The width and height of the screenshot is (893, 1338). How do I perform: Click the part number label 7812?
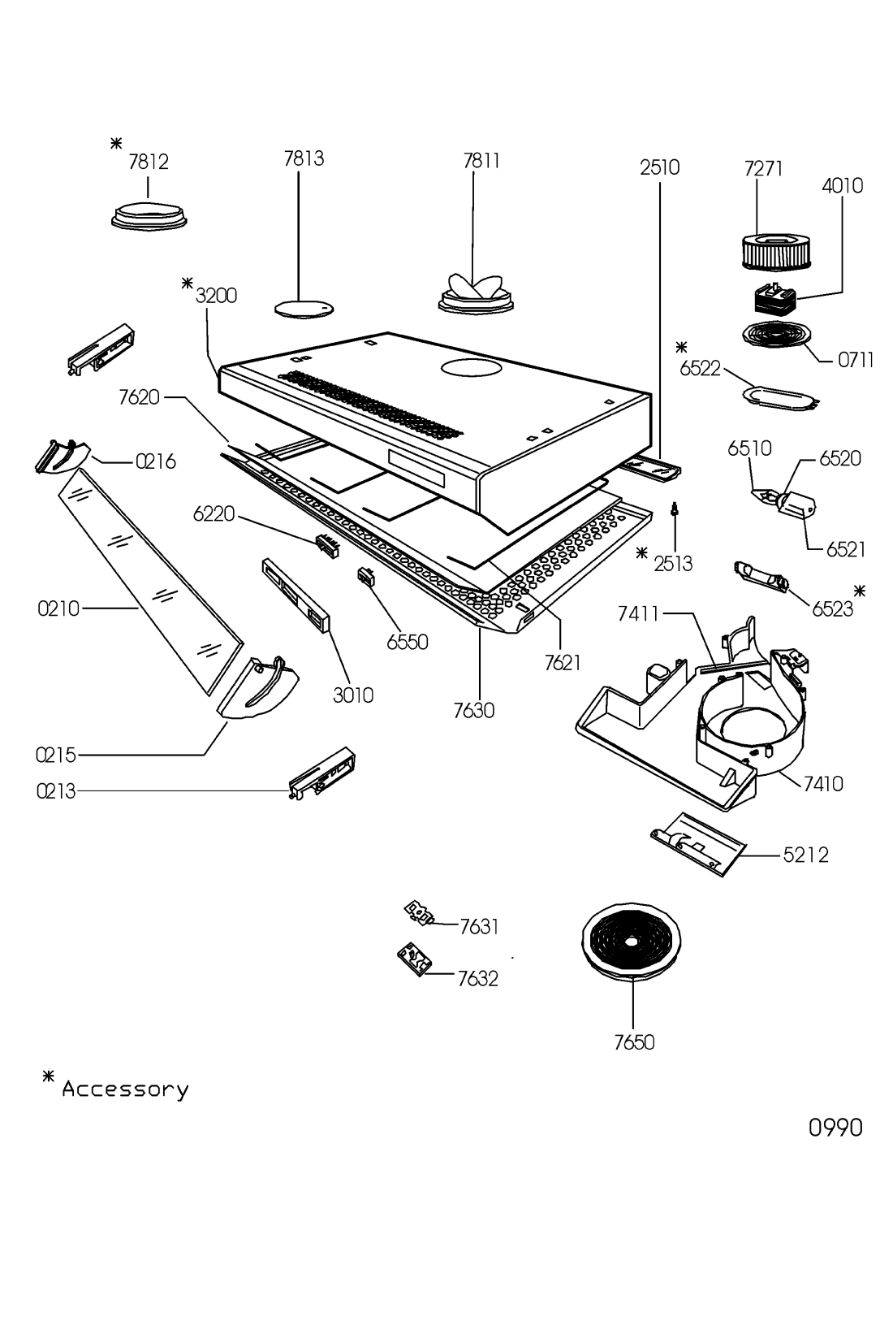(x=149, y=162)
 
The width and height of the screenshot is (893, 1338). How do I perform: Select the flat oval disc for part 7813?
(x=304, y=309)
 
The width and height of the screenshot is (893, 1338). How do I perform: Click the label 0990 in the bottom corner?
(x=835, y=1128)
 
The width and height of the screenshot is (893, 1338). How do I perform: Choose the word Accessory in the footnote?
(x=125, y=1089)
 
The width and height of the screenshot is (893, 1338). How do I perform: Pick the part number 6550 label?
(x=408, y=642)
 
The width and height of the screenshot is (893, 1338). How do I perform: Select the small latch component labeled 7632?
(x=414, y=959)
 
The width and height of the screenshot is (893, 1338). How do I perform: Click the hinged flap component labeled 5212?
(x=698, y=843)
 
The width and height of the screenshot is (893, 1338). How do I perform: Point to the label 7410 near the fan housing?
(x=823, y=784)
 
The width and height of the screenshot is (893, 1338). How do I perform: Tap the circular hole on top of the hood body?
(x=471, y=368)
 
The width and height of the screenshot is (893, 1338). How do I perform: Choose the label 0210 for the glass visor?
(x=58, y=609)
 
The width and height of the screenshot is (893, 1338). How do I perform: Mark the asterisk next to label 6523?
(x=859, y=591)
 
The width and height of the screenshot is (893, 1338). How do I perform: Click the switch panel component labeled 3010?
(x=296, y=595)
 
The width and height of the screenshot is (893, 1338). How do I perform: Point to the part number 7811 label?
(x=481, y=161)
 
